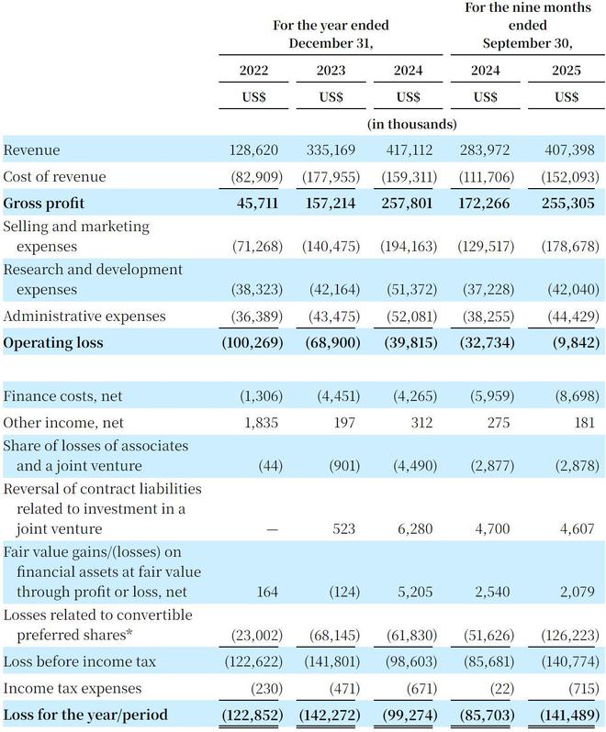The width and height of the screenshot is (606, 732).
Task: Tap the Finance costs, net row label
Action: (x=62, y=396)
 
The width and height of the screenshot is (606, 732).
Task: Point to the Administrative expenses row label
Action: (x=84, y=316)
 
